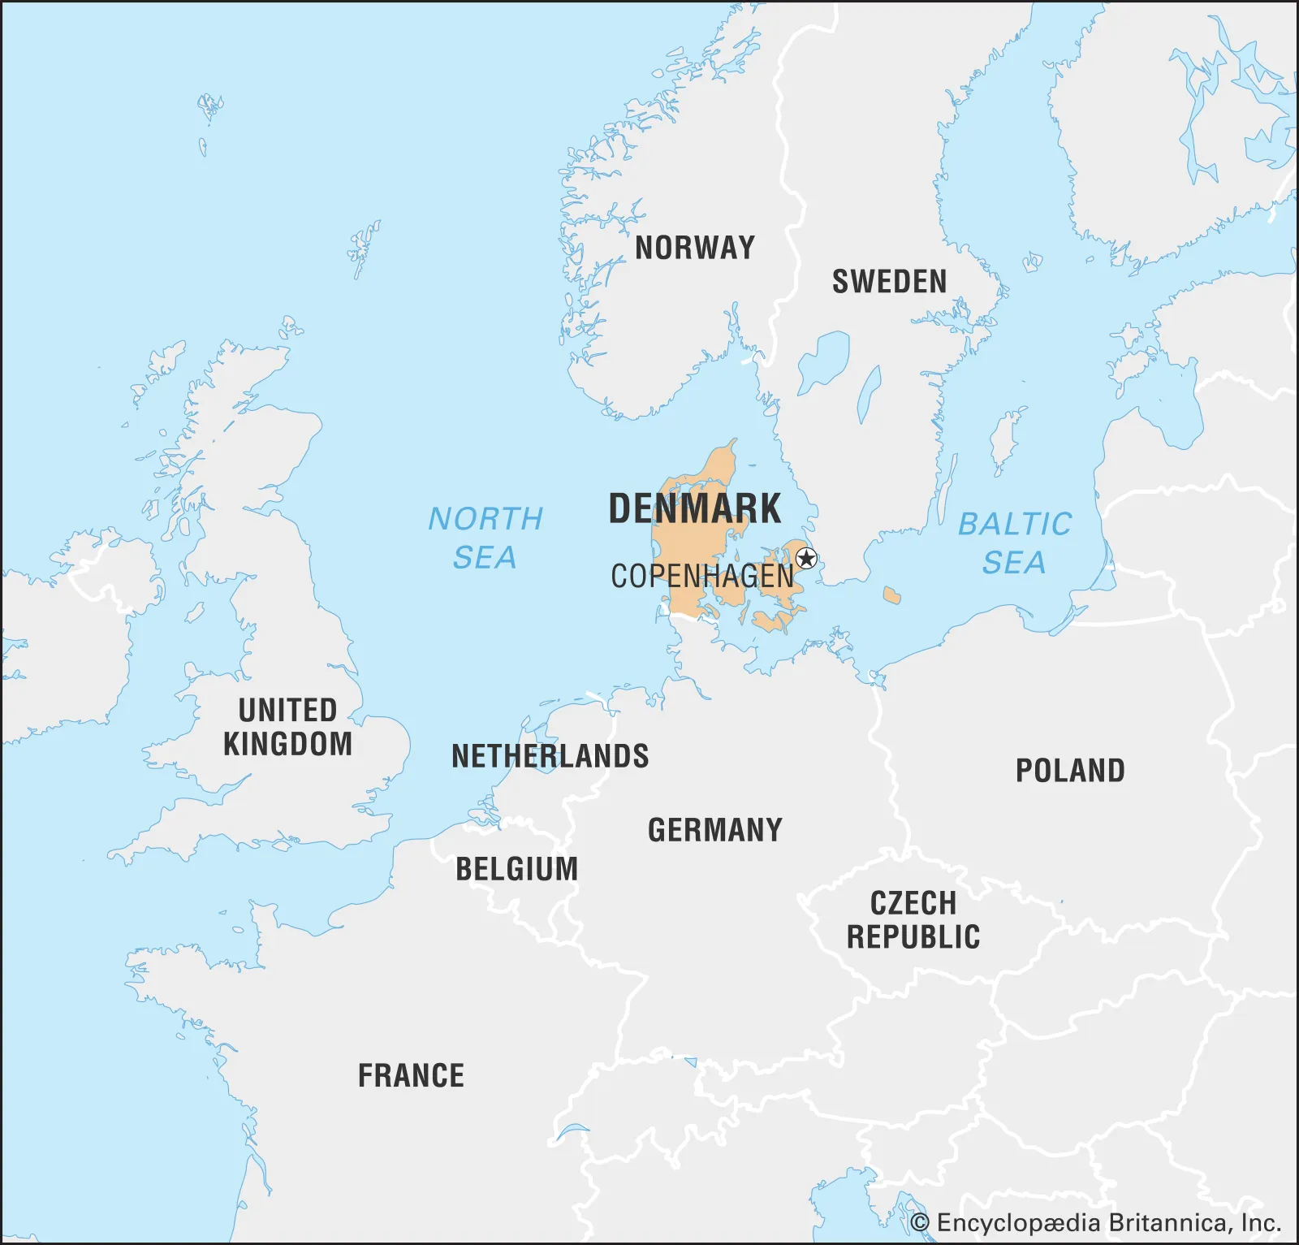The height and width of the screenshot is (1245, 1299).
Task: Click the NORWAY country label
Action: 695,248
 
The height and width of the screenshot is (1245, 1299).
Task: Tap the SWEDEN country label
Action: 889,282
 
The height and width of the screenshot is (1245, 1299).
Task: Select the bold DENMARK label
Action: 695,509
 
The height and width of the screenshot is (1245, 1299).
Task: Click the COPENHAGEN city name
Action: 702,577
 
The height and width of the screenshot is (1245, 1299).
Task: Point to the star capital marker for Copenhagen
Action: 806,559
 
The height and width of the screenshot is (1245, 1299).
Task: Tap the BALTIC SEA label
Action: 1015,543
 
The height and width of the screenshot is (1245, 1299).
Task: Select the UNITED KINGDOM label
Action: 288,727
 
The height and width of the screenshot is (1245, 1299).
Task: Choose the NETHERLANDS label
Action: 550,756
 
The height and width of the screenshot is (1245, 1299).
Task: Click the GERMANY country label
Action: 714,830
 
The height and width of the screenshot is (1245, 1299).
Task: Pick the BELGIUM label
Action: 516,869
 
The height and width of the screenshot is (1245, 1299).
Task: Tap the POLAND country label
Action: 1070,771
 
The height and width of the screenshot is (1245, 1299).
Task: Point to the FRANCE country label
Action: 412,1075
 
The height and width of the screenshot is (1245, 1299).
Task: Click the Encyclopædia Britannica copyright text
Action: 1095,1223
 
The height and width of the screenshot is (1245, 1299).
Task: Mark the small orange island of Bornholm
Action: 891,596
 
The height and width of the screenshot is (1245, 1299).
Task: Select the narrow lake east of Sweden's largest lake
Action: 869,394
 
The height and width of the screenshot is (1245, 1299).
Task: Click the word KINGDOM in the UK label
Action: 288,744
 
